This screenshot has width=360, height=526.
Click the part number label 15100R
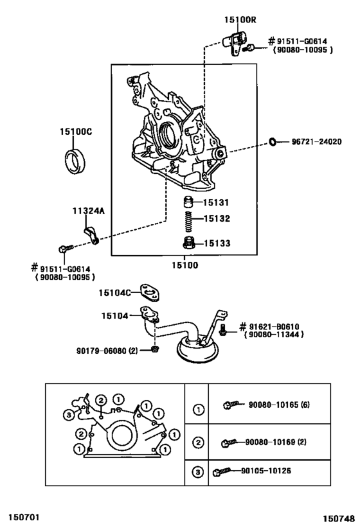(x=240, y=20)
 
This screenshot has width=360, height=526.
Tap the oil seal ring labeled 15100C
(x=75, y=162)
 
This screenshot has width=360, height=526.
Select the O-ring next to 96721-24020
(x=273, y=142)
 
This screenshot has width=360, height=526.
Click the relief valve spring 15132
(x=190, y=222)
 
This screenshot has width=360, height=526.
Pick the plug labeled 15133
(x=189, y=243)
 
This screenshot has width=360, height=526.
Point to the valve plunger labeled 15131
(x=189, y=202)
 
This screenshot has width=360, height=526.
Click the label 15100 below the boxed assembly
(x=185, y=265)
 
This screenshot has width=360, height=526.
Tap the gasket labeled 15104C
(x=150, y=292)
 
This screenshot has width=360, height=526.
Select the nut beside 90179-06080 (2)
(x=154, y=349)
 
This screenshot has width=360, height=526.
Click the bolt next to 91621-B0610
(x=222, y=329)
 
